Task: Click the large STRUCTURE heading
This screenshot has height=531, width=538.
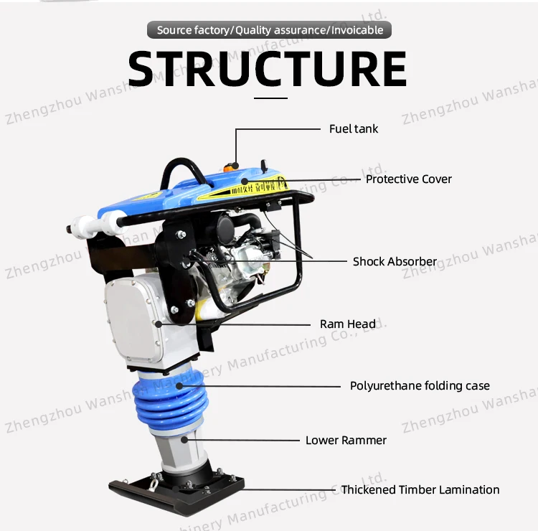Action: [x=268, y=68]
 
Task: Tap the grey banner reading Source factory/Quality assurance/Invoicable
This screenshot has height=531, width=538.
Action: [x=270, y=30]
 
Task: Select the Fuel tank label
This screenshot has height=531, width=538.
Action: [x=353, y=129]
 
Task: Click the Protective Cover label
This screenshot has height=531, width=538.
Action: [x=409, y=179]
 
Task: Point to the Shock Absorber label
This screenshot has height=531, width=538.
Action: [x=395, y=262]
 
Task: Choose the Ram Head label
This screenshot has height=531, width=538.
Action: [x=347, y=324]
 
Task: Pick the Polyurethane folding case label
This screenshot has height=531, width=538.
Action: [x=420, y=386]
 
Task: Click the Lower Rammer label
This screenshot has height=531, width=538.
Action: [x=346, y=441]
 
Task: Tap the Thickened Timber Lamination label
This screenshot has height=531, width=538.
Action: [x=420, y=490]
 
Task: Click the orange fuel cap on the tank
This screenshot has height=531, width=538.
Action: [x=231, y=166]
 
